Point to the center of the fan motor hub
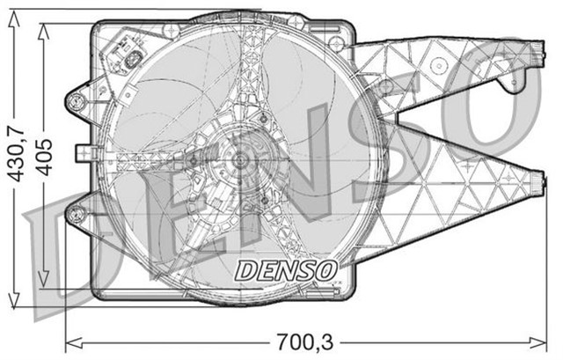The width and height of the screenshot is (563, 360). pos(239,162)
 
